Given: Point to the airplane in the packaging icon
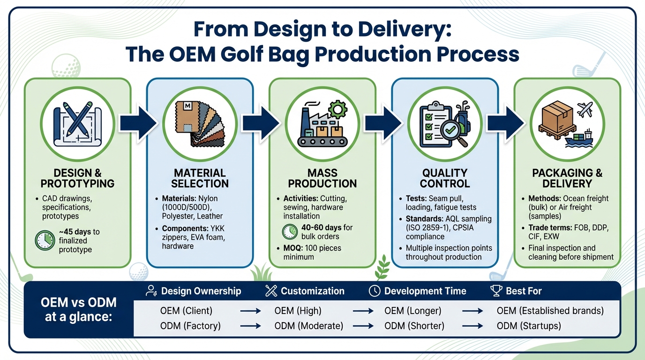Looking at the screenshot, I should pyautogui.click(x=585, y=110).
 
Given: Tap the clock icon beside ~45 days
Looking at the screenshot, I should pyautogui.click(x=45, y=240).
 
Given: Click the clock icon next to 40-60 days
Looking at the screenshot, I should pyautogui.click(x=290, y=232).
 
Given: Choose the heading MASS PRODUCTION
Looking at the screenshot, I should pyautogui.click(x=322, y=178).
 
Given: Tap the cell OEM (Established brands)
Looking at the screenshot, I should pyautogui.click(x=550, y=310).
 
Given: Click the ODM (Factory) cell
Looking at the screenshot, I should pyautogui.click(x=187, y=325).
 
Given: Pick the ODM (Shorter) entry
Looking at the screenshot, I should pyautogui.click(x=414, y=325).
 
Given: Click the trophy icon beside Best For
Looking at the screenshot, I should pyautogui.click(x=496, y=291).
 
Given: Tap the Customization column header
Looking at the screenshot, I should pyautogui.click(x=312, y=291).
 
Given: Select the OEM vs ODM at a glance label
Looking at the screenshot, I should pyautogui.click(x=78, y=309).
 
